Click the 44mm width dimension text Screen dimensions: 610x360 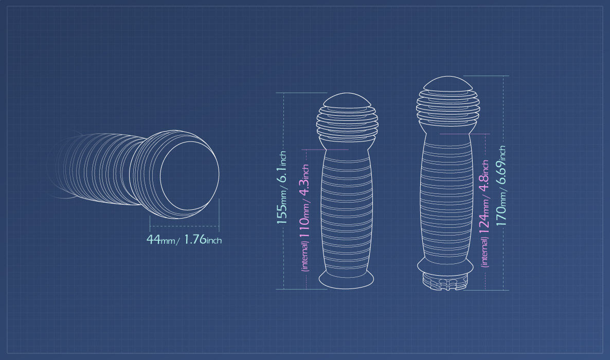pos(160,239)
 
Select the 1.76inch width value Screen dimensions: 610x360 pos(202,239)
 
